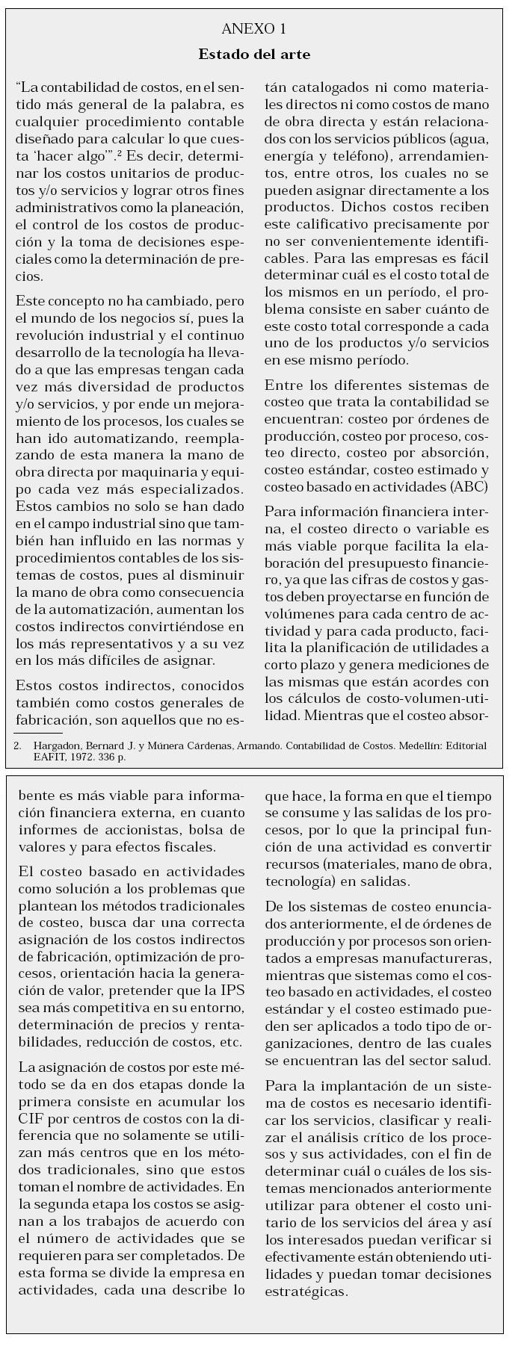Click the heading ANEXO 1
click(254, 29)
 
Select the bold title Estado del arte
click(254, 55)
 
